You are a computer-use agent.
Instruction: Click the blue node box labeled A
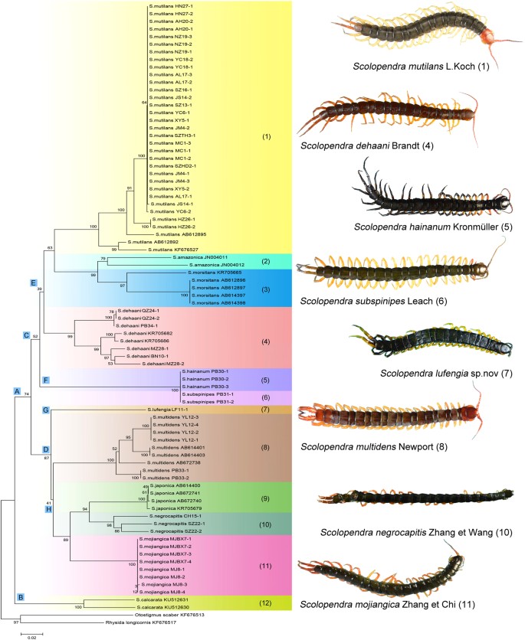17,391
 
